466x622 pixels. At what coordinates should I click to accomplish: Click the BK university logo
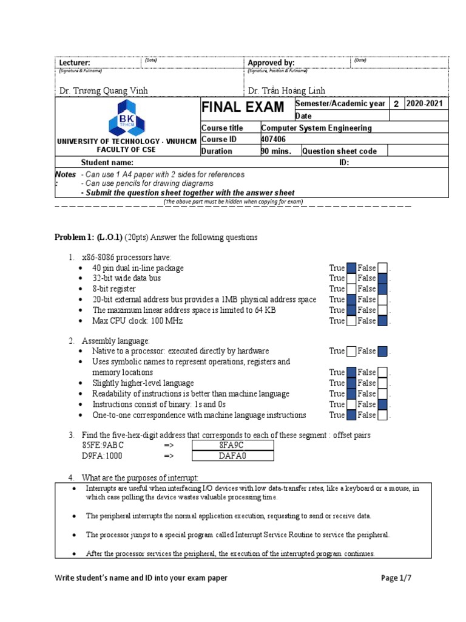click(x=127, y=118)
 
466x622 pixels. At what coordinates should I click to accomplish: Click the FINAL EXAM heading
click(x=243, y=108)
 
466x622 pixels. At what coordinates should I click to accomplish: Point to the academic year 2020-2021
click(x=425, y=104)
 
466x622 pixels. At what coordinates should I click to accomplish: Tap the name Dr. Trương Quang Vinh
click(x=103, y=91)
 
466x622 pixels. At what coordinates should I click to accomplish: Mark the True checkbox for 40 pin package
click(x=351, y=268)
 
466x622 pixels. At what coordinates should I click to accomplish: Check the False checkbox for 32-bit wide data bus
click(x=382, y=278)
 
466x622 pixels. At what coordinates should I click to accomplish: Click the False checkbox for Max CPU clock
click(x=382, y=321)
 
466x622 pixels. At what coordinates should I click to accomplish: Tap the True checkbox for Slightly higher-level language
click(x=351, y=383)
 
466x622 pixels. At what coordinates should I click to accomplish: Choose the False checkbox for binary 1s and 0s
click(x=382, y=405)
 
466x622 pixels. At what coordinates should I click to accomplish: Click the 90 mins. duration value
click(x=276, y=151)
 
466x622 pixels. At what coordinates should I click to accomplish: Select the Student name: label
click(x=107, y=163)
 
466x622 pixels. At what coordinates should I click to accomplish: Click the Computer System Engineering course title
click(x=316, y=128)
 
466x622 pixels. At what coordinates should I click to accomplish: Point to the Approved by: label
click(x=271, y=63)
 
